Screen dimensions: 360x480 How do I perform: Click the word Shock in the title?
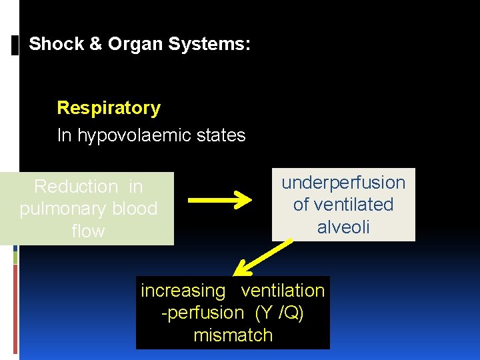(57, 45)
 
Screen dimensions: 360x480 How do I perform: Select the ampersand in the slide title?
(96, 45)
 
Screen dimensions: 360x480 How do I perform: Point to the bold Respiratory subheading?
(109, 108)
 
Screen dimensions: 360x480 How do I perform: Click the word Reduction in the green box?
(75, 187)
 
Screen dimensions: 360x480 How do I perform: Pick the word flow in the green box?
(89, 231)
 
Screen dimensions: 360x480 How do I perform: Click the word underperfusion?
(343, 183)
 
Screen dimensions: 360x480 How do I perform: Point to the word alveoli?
(343, 227)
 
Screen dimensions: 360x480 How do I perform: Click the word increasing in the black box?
(183, 291)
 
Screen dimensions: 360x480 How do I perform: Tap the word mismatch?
(233, 335)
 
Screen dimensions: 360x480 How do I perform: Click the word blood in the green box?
(133, 209)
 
